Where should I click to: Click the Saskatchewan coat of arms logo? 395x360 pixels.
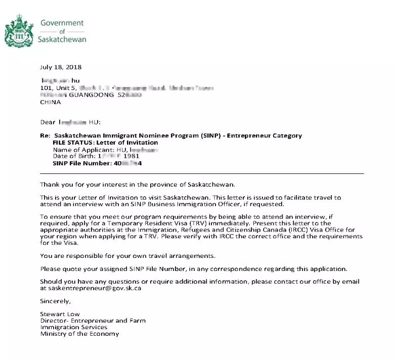(x=19, y=31)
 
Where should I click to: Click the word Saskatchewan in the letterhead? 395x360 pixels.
(x=62, y=39)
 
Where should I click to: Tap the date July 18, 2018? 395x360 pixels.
(x=60, y=67)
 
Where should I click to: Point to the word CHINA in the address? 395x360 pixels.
(x=51, y=102)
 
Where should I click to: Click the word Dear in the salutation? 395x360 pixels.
(x=48, y=122)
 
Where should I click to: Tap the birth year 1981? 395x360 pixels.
(x=131, y=156)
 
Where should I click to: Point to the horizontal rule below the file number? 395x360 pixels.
(x=202, y=173)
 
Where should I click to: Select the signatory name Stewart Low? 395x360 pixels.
(x=60, y=314)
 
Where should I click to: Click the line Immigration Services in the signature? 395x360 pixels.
(x=74, y=327)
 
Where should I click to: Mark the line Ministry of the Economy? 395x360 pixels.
(x=79, y=334)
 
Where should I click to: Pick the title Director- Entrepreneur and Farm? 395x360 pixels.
(x=93, y=321)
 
